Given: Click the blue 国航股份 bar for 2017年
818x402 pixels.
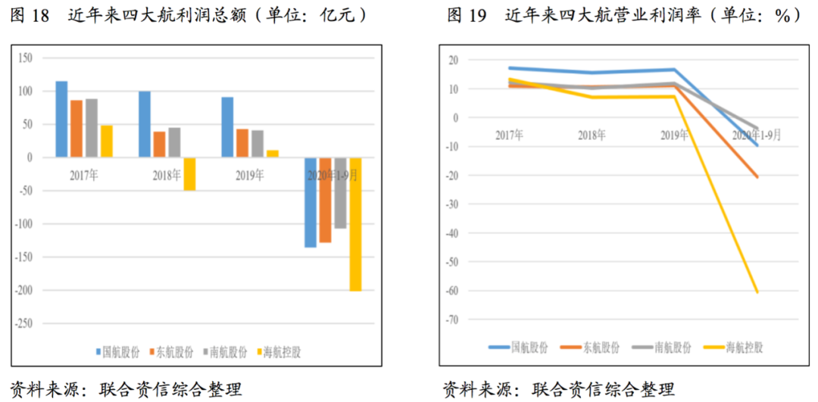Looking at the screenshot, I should [x=61, y=119].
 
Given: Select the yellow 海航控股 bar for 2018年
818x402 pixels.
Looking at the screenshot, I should [x=189, y=174].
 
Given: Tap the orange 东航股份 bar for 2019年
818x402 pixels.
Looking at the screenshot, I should [x=242, y=143].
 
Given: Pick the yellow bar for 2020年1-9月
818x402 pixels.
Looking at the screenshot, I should [x=355, y=224].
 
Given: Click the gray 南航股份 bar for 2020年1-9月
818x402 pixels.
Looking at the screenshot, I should [x=340, y=193].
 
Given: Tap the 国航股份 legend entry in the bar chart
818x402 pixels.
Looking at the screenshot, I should [x=118, y=352].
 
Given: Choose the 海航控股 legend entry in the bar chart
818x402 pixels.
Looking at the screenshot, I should [x=279, y=352].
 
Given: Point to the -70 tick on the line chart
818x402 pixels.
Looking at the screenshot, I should [x=453, y=319].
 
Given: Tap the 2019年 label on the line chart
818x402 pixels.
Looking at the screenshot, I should [x=673, y=136].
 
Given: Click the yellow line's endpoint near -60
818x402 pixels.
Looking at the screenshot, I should [x=756, y=291].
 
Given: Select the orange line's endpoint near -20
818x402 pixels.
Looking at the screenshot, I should [x=756, y=176].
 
